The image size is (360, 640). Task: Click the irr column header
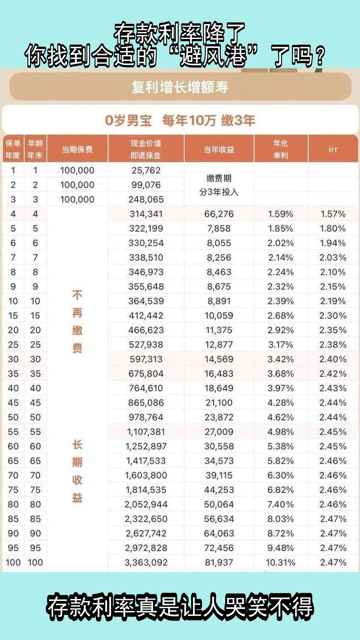[x=333, y=149]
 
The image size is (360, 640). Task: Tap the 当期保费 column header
[x=77, y=149]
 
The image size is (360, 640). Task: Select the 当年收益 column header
[x=219, y=149]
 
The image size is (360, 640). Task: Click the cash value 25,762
[x=146, y=170]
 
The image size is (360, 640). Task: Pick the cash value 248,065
[x=146, y=199]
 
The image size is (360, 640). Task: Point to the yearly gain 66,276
[x=219, y=214]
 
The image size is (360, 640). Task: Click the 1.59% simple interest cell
[x=280, y=214]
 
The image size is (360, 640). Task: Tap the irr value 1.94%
[x=333, y=243]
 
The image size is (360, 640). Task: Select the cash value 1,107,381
[x=146, y=432]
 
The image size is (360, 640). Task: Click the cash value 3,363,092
[x=146, y=562]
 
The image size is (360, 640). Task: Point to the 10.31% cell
[x=280, y=562]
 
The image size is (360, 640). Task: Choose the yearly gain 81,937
[x=219, y=562]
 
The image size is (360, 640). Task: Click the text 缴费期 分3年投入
[x=219, y=185]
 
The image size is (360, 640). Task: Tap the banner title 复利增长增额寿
[x=180, y=87]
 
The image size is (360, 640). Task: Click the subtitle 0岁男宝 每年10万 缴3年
[x=180, y=120]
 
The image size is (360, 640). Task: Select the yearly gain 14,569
[x=219, y=359]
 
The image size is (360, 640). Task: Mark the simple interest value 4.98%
[x=280, y=432]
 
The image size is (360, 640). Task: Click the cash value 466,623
[x=146, y=330]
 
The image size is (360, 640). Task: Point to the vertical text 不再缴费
[x=77, y=322]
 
